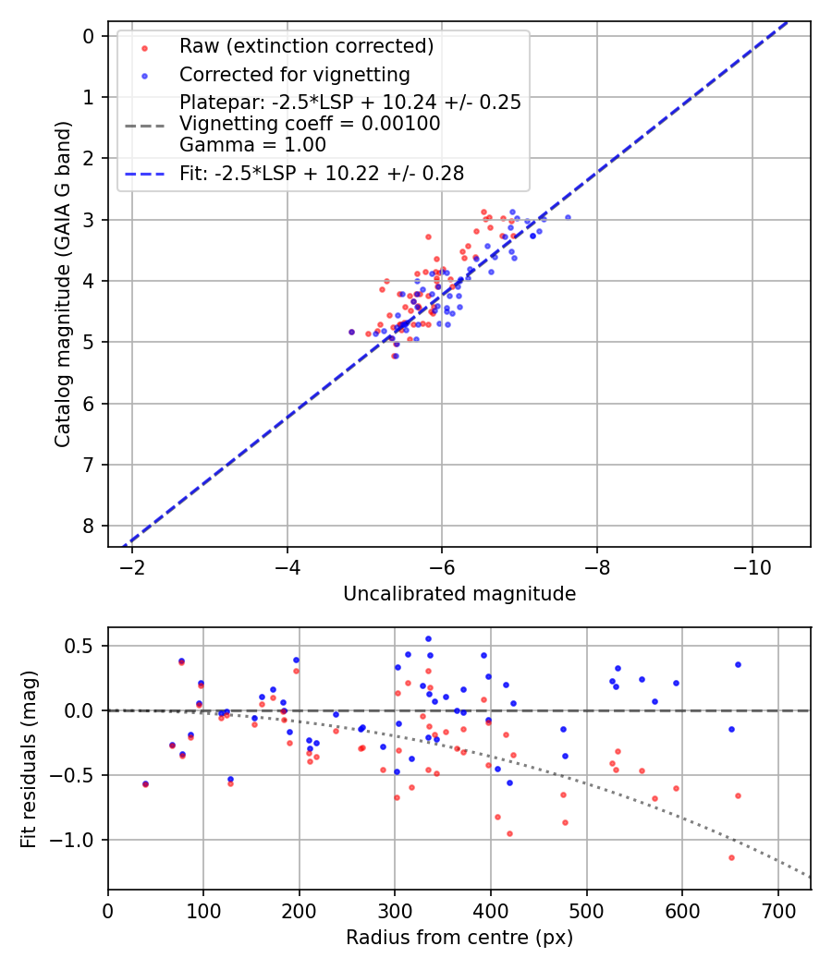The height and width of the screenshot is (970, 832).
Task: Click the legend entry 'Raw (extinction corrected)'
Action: (x=306, y=46)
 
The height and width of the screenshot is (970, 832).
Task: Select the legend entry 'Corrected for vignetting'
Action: (x=294, y=74)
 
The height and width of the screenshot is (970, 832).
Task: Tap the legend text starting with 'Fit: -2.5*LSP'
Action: (x=322, y=173)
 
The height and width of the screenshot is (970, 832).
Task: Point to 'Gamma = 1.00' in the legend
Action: (x=252, y=144)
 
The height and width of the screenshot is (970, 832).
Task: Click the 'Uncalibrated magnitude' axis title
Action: (x=459, y=594)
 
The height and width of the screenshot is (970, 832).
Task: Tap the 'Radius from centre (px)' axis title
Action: (x=459, y=938)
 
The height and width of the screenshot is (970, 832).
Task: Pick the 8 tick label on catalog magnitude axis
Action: (x=89, y=526)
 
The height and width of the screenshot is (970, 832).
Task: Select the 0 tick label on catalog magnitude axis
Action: (x=89, y=36)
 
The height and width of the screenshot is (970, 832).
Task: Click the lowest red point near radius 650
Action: (x=731, y=857)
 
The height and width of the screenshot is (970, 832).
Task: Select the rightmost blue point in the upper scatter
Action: (x=568, y=217)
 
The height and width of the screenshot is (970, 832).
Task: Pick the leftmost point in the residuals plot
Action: (x=145, y=784)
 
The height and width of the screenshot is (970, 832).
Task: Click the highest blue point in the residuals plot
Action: (x=428, y=638)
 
